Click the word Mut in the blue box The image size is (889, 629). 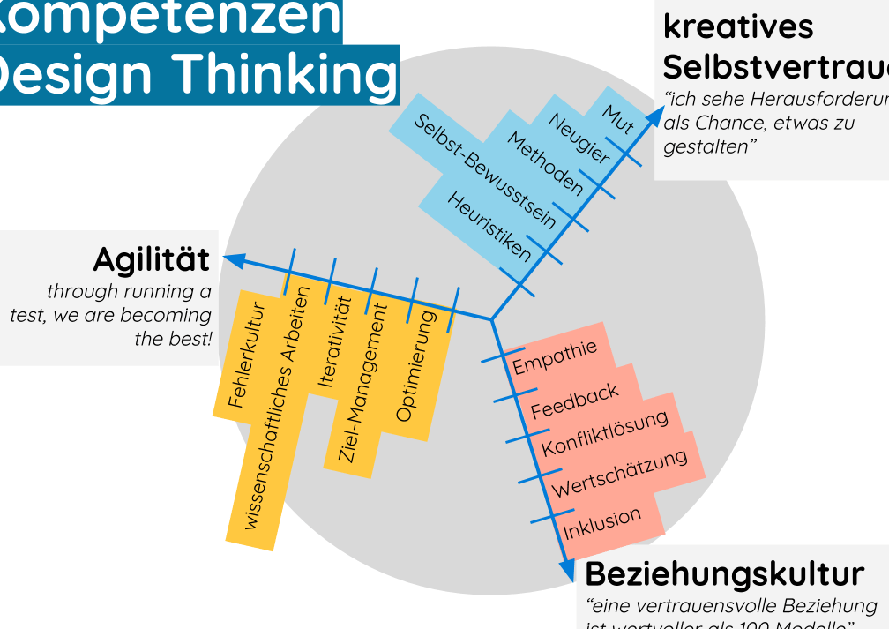[x=619, y=118]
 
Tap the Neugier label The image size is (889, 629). [x=579, y=139]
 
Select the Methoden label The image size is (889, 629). [x=545, y=165]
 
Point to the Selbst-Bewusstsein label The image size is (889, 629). [x=484, y=171]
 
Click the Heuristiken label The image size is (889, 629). [x=489, y=228]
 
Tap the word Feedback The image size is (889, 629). [x=575, y=401]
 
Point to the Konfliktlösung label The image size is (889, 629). [x=605, y=433]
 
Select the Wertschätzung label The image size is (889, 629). [x=619, y=474]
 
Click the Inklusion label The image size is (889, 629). [x=602, y=523]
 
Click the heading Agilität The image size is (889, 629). [x=152, y=260]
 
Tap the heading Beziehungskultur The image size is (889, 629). [x=724, y=573]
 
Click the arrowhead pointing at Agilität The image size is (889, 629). [x=234, y=259]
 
